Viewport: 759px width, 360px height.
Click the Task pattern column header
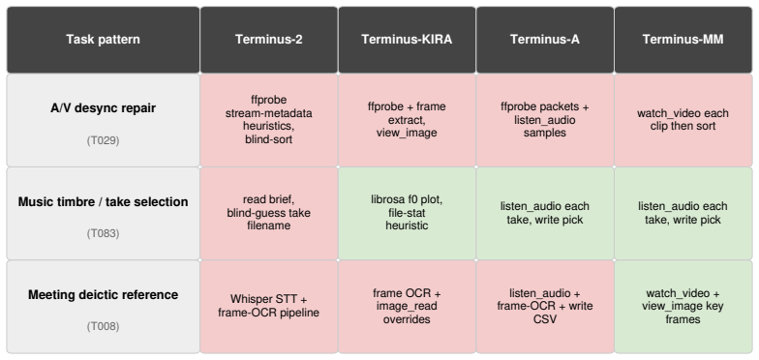(x=103, y=40)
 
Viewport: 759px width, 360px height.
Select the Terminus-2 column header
(x=269, y=40)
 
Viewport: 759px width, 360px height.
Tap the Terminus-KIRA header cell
(x=407, y=40)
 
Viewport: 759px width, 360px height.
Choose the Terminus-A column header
(x=545, y=40)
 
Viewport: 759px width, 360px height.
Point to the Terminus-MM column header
(x=683, y=40)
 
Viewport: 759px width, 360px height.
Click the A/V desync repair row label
(x=103, y=108)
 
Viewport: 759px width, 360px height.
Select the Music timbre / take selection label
(x=103, y=201)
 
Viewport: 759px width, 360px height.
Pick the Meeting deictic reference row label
(x=103, y=294)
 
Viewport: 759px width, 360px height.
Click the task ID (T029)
(x=103, y=141)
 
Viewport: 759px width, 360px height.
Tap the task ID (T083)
(x=103, y=234)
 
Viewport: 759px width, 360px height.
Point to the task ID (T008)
(x=103, y=327)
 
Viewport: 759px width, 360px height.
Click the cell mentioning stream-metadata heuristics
(x=269, y=120)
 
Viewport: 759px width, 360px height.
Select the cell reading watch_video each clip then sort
(x=683, y=120)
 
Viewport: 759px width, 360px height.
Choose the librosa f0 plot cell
(x=407, y=213)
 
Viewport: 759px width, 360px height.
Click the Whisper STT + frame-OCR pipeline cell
(x=269, y=306)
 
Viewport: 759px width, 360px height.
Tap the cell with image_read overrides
(x=407, y=306)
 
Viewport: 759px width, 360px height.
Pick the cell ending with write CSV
(x=545, y=306)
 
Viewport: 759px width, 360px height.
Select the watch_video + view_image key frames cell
(x=683, y=306)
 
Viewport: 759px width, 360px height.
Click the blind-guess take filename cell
(x=269, y=213)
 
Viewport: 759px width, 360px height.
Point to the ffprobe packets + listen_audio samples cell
(x=545, y=120)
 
